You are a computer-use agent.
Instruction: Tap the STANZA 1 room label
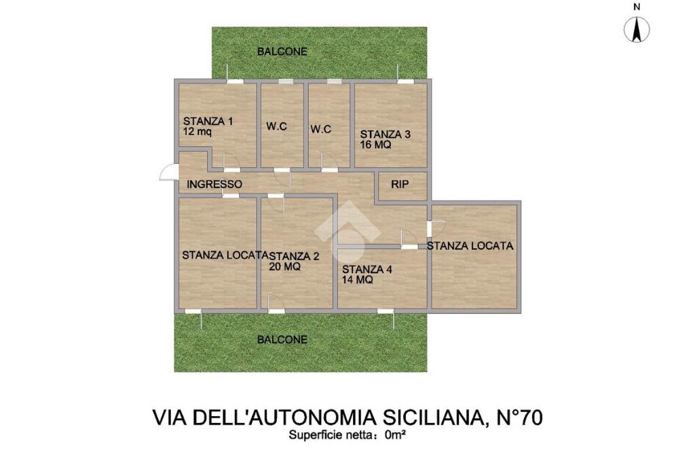[x=208, y=121]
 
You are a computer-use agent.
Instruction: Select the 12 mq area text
[x=198, y=132]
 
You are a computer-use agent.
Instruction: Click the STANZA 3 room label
[x=386, y=134]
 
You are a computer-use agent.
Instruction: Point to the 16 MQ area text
[x=375, y=145]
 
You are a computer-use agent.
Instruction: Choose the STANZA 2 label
[x=293, y=256]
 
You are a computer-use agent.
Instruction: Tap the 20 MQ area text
[x=284, y=267]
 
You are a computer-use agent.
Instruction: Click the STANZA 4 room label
[x=367, y=270]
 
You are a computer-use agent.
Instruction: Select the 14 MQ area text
[x=357, y=280]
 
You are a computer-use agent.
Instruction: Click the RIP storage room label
[x=400, y=185]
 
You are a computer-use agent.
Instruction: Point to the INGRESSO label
[x=214, y=184]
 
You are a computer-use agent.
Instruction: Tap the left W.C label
[x=277, y=126]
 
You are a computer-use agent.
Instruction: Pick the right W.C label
[x=321, y=129]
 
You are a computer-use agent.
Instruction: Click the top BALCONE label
[x=282, y=52]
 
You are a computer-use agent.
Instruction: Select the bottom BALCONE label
[x=282, y=339]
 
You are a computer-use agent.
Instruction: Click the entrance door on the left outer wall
[x=169, y=172]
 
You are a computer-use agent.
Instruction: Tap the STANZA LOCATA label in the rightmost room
[x=470, y=246]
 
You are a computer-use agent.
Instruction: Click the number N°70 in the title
[x=517, y=418]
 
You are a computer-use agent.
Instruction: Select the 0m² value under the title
[x=396, y=435]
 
